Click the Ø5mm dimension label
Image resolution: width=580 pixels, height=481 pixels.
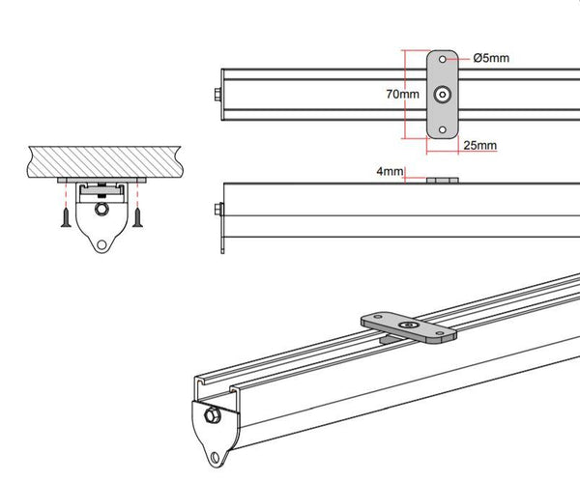(x=491, y=58)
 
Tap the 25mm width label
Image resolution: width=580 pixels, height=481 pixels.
(x=479, y=146)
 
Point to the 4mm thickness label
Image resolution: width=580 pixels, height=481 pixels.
(x=391, y=171)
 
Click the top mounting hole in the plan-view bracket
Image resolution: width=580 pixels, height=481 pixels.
(x=443, y=60)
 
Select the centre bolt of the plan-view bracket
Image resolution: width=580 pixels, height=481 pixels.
(x=443, y=95)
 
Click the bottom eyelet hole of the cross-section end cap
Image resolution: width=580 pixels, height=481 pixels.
(x=101, y=244)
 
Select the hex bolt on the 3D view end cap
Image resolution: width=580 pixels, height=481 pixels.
(x=211, y=416)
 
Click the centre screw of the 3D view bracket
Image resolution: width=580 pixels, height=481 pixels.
(x=409, y=326)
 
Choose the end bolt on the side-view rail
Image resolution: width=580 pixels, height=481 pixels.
(x=217, y=210)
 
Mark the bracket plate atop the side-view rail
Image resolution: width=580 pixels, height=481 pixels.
(x=441, y=179)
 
